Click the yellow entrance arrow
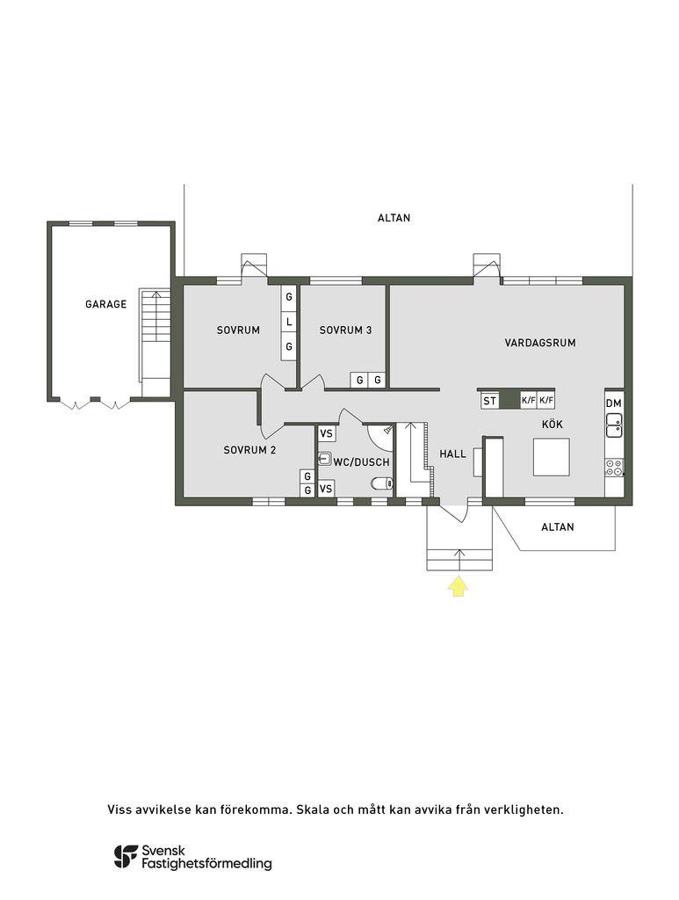[458, 586]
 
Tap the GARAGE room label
[105, 305]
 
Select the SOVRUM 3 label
[345, 330]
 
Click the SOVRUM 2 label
[249, 450]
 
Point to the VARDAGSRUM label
[540, 343]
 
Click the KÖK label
[553, 424]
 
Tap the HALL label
[452, 454]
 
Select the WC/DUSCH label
[360, 462]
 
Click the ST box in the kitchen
[489, 401]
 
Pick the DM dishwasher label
[614, 403]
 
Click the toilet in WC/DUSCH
[381, 483]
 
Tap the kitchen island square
[551, 457]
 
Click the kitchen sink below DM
[614, 425]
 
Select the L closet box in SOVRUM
[288, 323]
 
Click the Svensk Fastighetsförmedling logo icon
[125, 857]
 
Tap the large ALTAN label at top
[394, 218]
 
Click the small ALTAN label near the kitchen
[557, 527]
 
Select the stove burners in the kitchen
[614, 468]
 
